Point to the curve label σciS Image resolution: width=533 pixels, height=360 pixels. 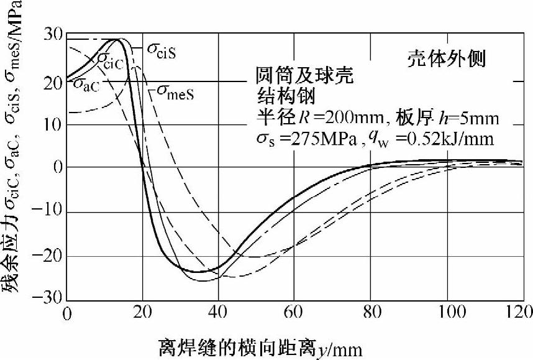[162, 51]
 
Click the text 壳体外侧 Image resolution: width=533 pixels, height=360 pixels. [446, 60]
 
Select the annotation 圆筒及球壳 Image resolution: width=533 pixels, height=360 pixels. [304, 76]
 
